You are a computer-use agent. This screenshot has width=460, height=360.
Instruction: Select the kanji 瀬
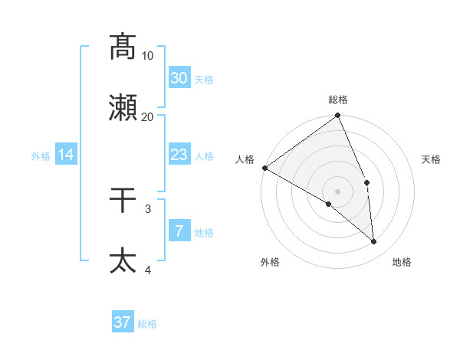pyautogui.click(x=123, y=108)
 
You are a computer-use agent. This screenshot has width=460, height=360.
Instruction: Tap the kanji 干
pyautogui.click(x=123, y=200)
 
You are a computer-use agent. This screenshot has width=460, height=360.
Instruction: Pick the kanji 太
pyautogui.click(x=123, y=260)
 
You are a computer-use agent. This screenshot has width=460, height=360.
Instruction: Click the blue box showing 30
pyautogui.click(x=179, y=77)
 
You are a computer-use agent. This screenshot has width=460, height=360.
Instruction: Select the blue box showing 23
pyautogui.click(x=179, y=155)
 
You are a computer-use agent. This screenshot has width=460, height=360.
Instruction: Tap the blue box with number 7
pyautogui.click(x=179, y=231)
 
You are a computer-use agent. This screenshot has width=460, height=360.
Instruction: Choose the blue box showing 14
pyautogui.click(x=66, y=155)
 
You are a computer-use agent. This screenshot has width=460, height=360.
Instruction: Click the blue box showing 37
pyautogui.click(x=122, y=322)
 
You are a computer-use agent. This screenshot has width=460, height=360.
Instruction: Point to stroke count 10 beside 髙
pyautogui.click(x=148, y=55)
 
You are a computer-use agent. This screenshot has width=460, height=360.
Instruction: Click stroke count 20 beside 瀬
pyautogui.click(x=148, y=116)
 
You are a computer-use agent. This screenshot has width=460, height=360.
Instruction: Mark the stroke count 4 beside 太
pyautogui.click(x=148, y=270)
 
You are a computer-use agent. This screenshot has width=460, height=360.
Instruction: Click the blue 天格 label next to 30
pyautogui.click(x=204, y=79)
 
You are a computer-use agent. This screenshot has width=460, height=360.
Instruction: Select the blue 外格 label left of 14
pyautogui.click(x=41, y=156)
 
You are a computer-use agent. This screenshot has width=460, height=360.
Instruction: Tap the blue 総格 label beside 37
pyautogui.click(x=147, y=324)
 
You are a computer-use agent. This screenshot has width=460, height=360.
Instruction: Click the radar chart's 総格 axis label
pyautogui.click(x=338, y=100)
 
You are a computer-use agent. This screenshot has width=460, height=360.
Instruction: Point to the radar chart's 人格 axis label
pyautogui.click(x=245, y=159)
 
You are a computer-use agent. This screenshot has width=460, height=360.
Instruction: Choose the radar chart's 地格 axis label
pyautogui.click(x=402, y=262)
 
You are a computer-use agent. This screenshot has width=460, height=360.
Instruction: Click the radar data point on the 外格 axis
pyautogui.click(x=329, y=204)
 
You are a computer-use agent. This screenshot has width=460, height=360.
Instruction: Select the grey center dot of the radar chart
pyautogui.click(x=338, y=191)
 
